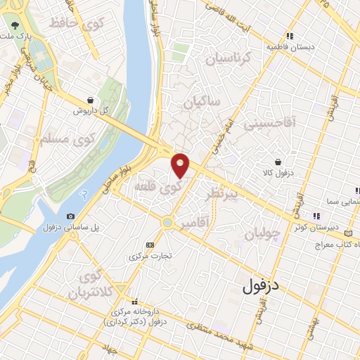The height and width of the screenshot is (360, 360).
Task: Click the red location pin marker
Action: (181, 165)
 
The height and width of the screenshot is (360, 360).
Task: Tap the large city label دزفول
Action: (261, 287)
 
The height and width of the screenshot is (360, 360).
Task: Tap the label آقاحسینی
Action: (270, 124)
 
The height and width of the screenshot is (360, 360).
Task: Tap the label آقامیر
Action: (195, 223)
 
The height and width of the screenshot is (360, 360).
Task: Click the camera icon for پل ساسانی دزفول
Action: (70, 216)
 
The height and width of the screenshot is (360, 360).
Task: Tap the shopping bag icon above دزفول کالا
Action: (278, 161)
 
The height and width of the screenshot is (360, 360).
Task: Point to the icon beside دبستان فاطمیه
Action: (288, 36)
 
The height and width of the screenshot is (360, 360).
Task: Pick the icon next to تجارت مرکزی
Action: (149, 244)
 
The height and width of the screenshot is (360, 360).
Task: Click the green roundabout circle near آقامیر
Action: (167, 223)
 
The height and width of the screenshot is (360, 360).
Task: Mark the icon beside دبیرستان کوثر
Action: (317, 216)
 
